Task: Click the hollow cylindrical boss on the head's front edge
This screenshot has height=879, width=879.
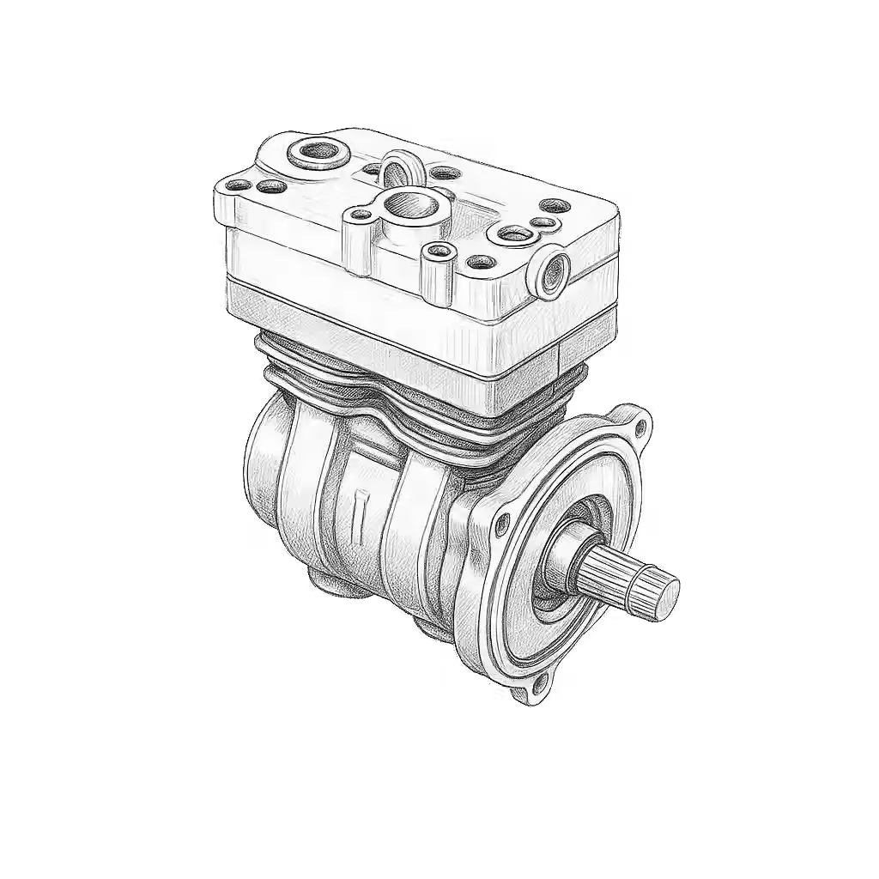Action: [438, 252]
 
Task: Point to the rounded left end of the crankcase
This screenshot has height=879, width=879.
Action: [262, 481]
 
